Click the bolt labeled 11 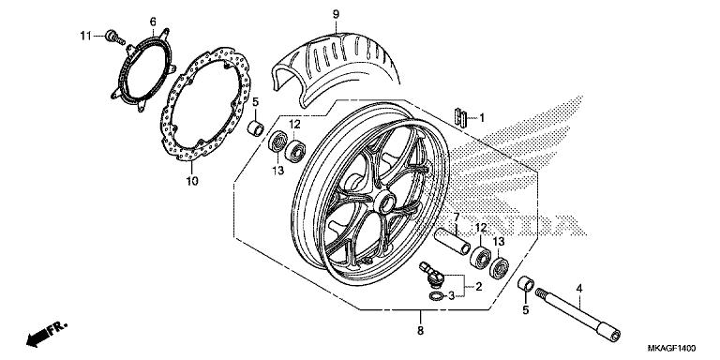pyautogui.click(x=114, y=37)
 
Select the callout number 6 pyautogui.click(x=153, y=22)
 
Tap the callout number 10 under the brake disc pyautogui.click(x=192, y=181)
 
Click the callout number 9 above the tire pyautogui.click(x=336, y=14)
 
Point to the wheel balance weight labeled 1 pyautogui.click(x=460, y=117)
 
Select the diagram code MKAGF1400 pyautogui.click(x=671, y=348)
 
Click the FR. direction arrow pyautogui.click(x=46, y=334)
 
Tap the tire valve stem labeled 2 pyautogui.click(x=431, y=272)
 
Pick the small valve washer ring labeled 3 pyautogui.click(x=436, y=296)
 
